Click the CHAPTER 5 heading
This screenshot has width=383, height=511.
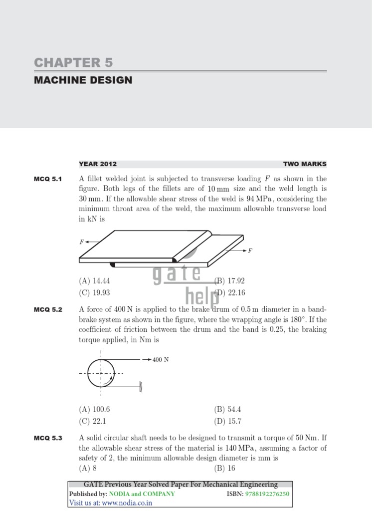click(73, 62)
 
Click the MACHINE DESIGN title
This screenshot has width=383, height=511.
click(83, 80)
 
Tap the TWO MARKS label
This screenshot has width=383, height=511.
click(305, 164)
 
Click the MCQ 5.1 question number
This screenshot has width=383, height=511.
click(48, 179)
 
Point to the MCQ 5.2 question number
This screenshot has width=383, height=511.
click(48, 310)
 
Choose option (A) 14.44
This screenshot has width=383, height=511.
click(94, 281)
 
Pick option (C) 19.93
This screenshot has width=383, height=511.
click(94, 293)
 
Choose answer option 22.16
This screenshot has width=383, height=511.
click(230, 293)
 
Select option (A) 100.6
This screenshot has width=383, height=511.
click(94, 409)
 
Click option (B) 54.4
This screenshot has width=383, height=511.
click(227, 409)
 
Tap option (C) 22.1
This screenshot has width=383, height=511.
click(92, 421)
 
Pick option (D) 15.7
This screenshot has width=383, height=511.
click(228, 421)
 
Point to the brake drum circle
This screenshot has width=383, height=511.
click(101, 373)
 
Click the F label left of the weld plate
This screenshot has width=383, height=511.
click(82, 242)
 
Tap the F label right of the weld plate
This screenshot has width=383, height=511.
click(250, 251)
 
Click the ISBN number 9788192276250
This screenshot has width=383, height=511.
click(267, 494)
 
